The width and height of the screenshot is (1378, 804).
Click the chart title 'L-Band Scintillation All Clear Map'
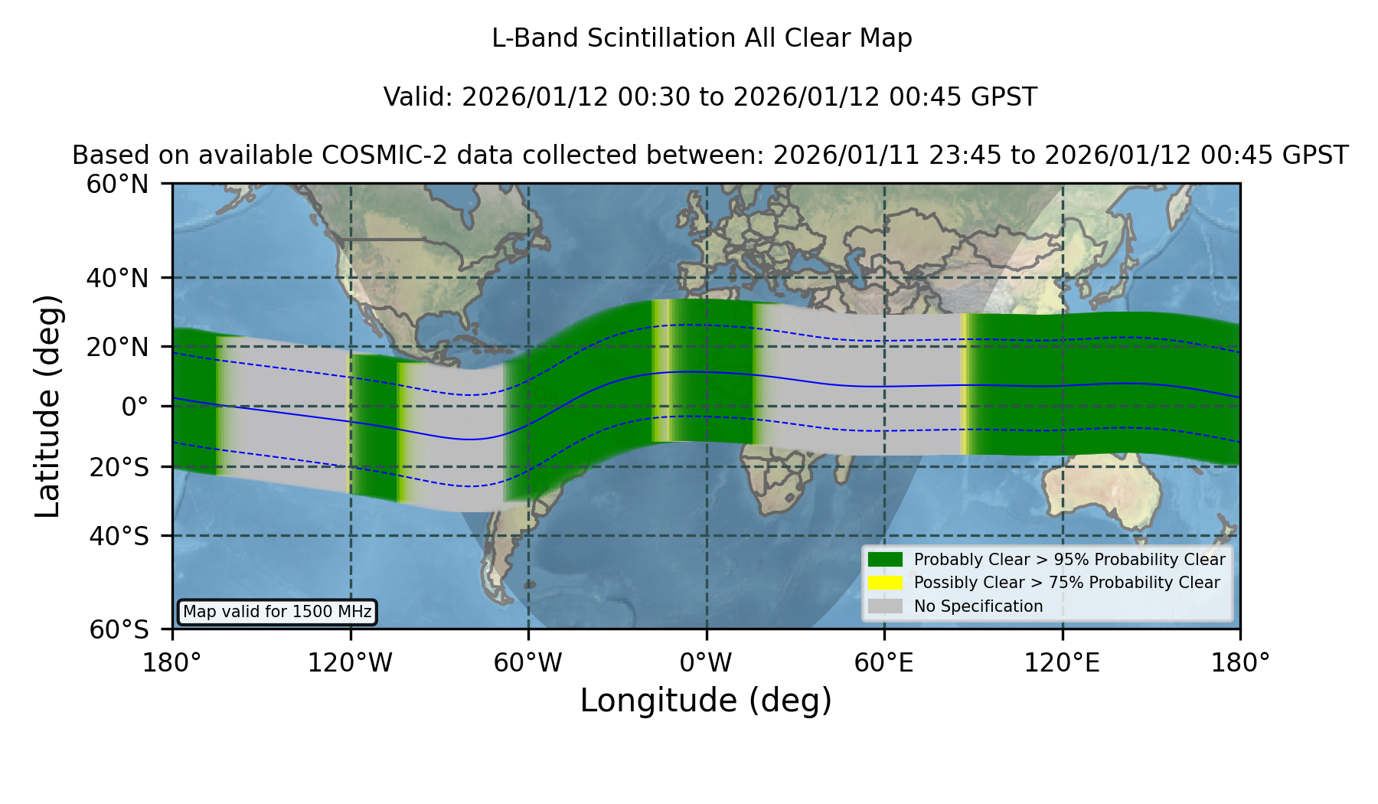click(x=701, y=38)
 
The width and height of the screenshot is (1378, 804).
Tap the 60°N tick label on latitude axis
click(x=117, y=184)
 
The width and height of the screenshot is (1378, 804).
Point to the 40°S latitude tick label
click(x=119, y=536)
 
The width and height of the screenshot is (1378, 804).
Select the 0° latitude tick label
click(x=135, y=407)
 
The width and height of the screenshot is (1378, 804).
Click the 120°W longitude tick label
click(x=350, y=663)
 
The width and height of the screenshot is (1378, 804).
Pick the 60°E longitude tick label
click(x=884, y=663)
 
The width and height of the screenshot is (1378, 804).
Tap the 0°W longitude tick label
click(x=707, y=663)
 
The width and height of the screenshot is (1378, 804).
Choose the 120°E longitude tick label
click(x=1062, y=663)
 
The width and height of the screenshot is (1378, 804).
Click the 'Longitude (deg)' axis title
click(x=706, y=701)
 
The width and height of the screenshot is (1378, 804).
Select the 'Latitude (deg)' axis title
click(x=47, y=406)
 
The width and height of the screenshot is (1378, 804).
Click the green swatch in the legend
click(x=885, y=559)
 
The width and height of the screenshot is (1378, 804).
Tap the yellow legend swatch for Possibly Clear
click(x=885, y=583)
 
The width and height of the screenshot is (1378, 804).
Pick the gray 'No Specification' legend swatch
click(x=885, y=606)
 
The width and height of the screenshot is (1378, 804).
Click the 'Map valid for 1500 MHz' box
click(x=277, y=612)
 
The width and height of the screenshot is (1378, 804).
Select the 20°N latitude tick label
click(x=117, y=347)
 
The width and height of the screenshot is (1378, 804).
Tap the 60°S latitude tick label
click(x=119, y=629)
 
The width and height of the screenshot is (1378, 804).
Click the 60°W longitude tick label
click(x=528, y=663)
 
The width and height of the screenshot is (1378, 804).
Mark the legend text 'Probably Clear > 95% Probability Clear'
click(x=1069, y=560)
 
